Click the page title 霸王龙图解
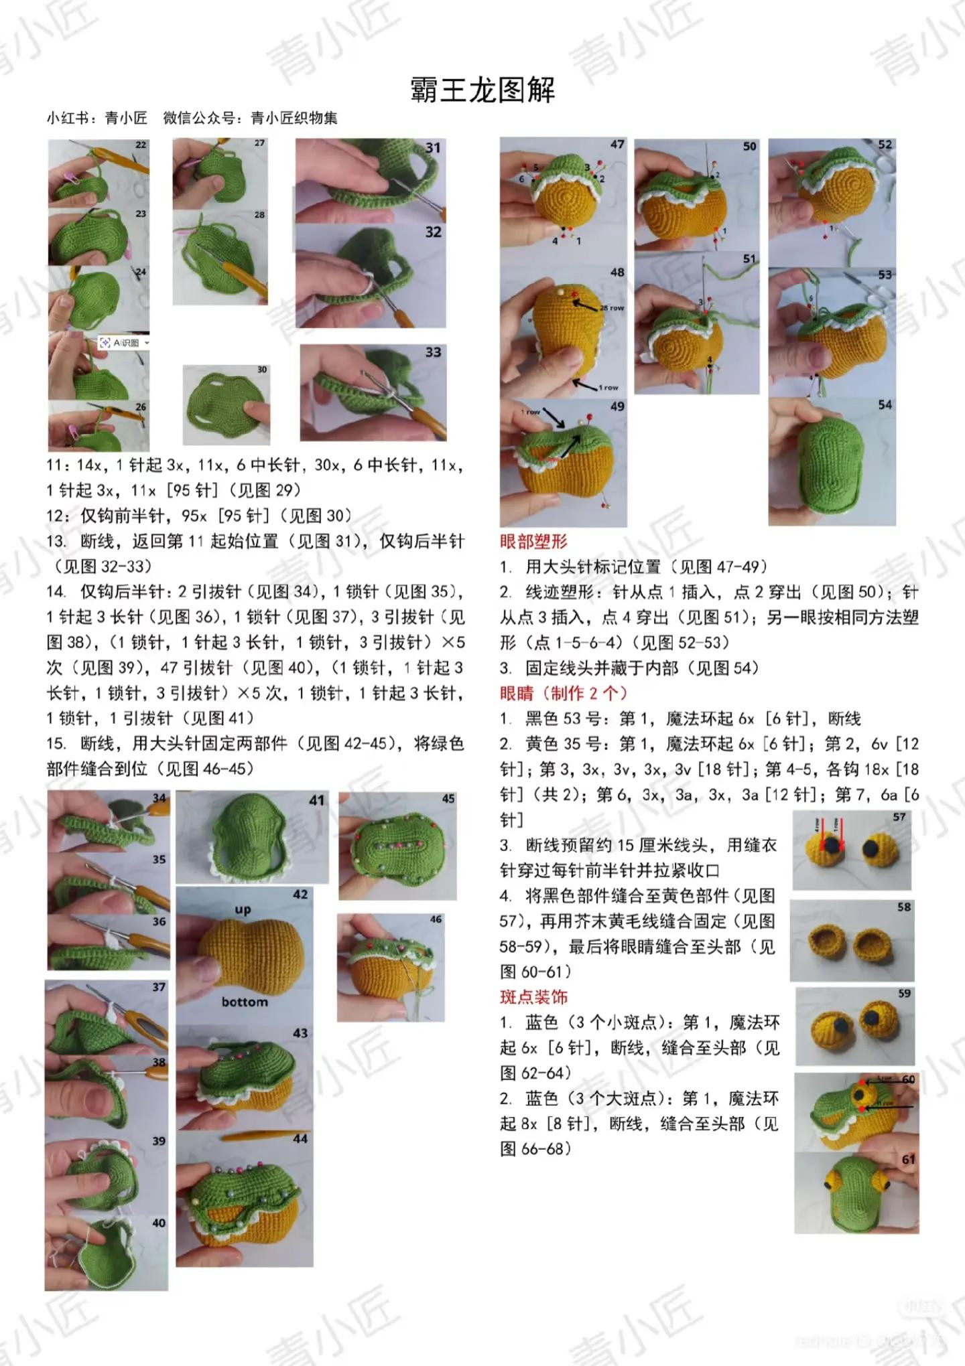(482, 90)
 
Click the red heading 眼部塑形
(533, 541)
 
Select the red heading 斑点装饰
(533, 997)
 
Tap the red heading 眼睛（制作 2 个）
(563, 693)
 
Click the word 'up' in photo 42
(243, 909)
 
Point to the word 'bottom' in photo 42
(245, 1002)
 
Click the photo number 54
(885, 404)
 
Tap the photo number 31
(433, 147)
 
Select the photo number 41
(316, 800)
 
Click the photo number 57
(899, 817)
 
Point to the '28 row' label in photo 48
(612, 308)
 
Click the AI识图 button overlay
(124, 343)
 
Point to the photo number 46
(436, 919)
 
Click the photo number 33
(433, 352)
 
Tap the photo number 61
(908, 1160)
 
